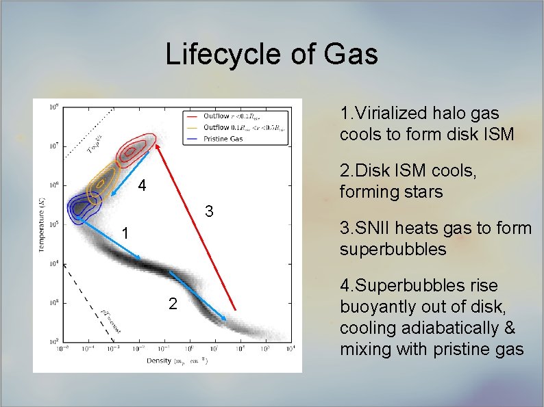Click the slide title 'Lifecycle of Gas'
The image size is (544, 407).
[x=271, y=54]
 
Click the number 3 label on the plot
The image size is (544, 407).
[x=211, y=209]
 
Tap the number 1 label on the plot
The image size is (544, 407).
[x=124, y=233]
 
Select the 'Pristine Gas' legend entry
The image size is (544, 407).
[x=226, y=137]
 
